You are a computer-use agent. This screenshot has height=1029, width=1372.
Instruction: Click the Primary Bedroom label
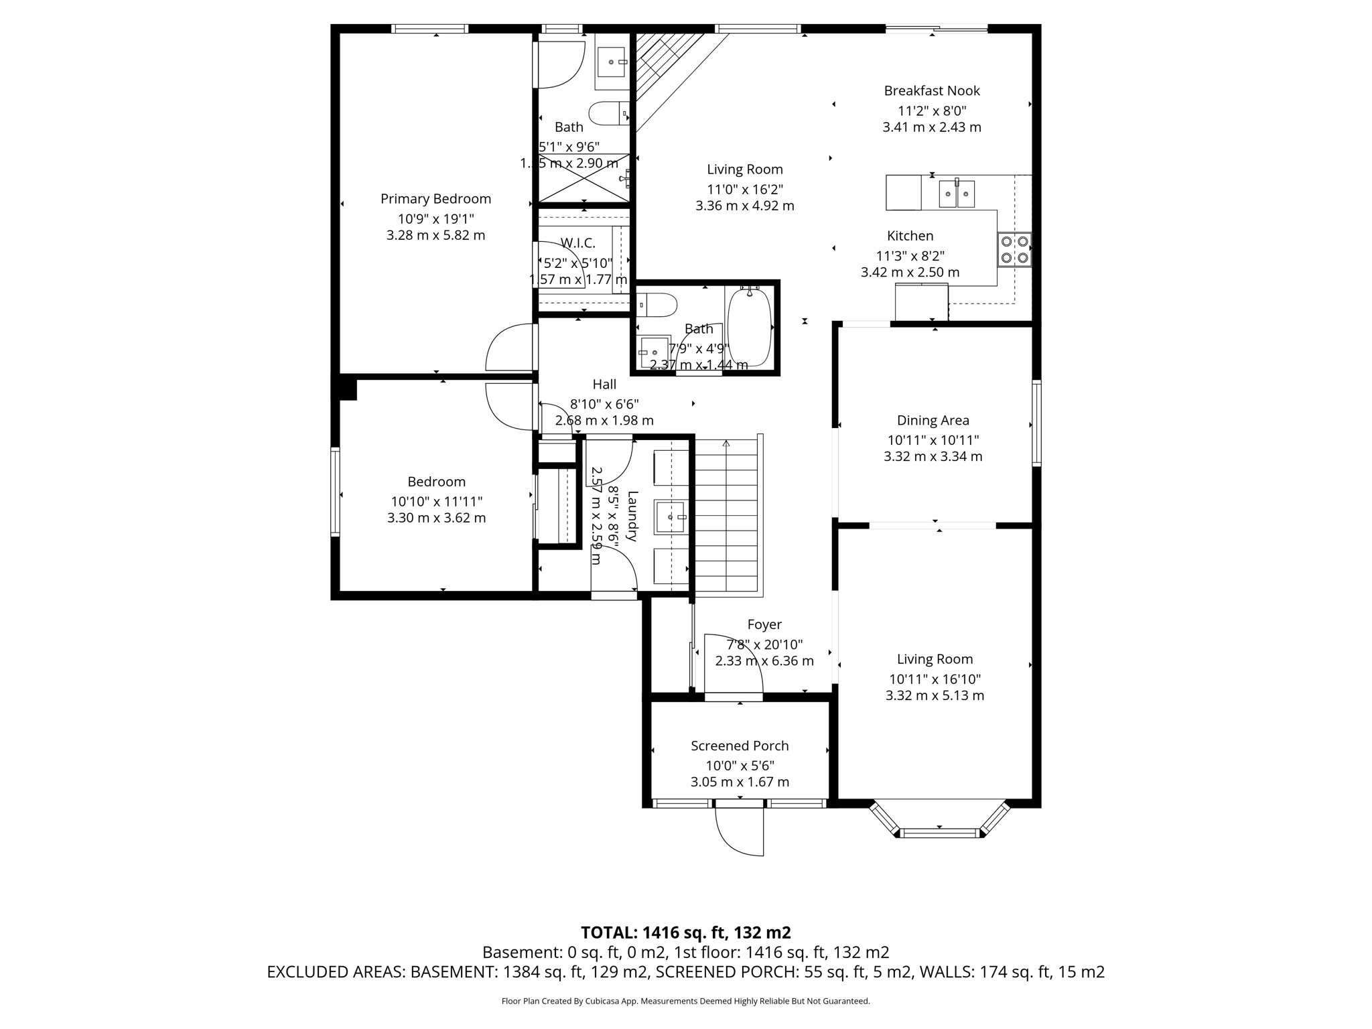coord(435,199)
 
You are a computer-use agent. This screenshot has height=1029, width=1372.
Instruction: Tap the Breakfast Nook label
coord(931,90)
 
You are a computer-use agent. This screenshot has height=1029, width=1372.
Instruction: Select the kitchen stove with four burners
coord(1014,249)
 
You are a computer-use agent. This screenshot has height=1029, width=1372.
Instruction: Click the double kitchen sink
coord(956,194)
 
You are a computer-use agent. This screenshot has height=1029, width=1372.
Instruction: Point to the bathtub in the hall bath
coord(750,327)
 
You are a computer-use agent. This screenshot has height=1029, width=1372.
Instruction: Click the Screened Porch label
coord(740,746)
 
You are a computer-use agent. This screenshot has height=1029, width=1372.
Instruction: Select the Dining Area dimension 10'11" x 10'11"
coord(933,440)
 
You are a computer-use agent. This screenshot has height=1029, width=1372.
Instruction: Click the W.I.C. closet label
coord(577,243)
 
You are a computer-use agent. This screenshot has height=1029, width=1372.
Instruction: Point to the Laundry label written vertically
coord(632,516)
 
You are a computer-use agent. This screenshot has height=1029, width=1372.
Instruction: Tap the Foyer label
coord(764,624)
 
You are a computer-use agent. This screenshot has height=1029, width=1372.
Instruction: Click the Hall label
coord(604,385)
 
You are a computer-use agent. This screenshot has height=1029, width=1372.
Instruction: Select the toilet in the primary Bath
coord(608,113)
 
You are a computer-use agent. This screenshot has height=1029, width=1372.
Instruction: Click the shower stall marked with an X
coord(584,178)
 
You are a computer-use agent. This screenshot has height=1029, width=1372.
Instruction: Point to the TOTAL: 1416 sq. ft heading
coord(685,933)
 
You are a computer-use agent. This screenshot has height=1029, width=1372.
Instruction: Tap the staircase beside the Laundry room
coord(727,516)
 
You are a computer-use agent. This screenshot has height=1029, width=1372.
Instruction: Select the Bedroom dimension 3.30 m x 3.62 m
coord(436,518)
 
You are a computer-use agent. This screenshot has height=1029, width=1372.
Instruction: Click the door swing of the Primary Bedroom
coord(510,347)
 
